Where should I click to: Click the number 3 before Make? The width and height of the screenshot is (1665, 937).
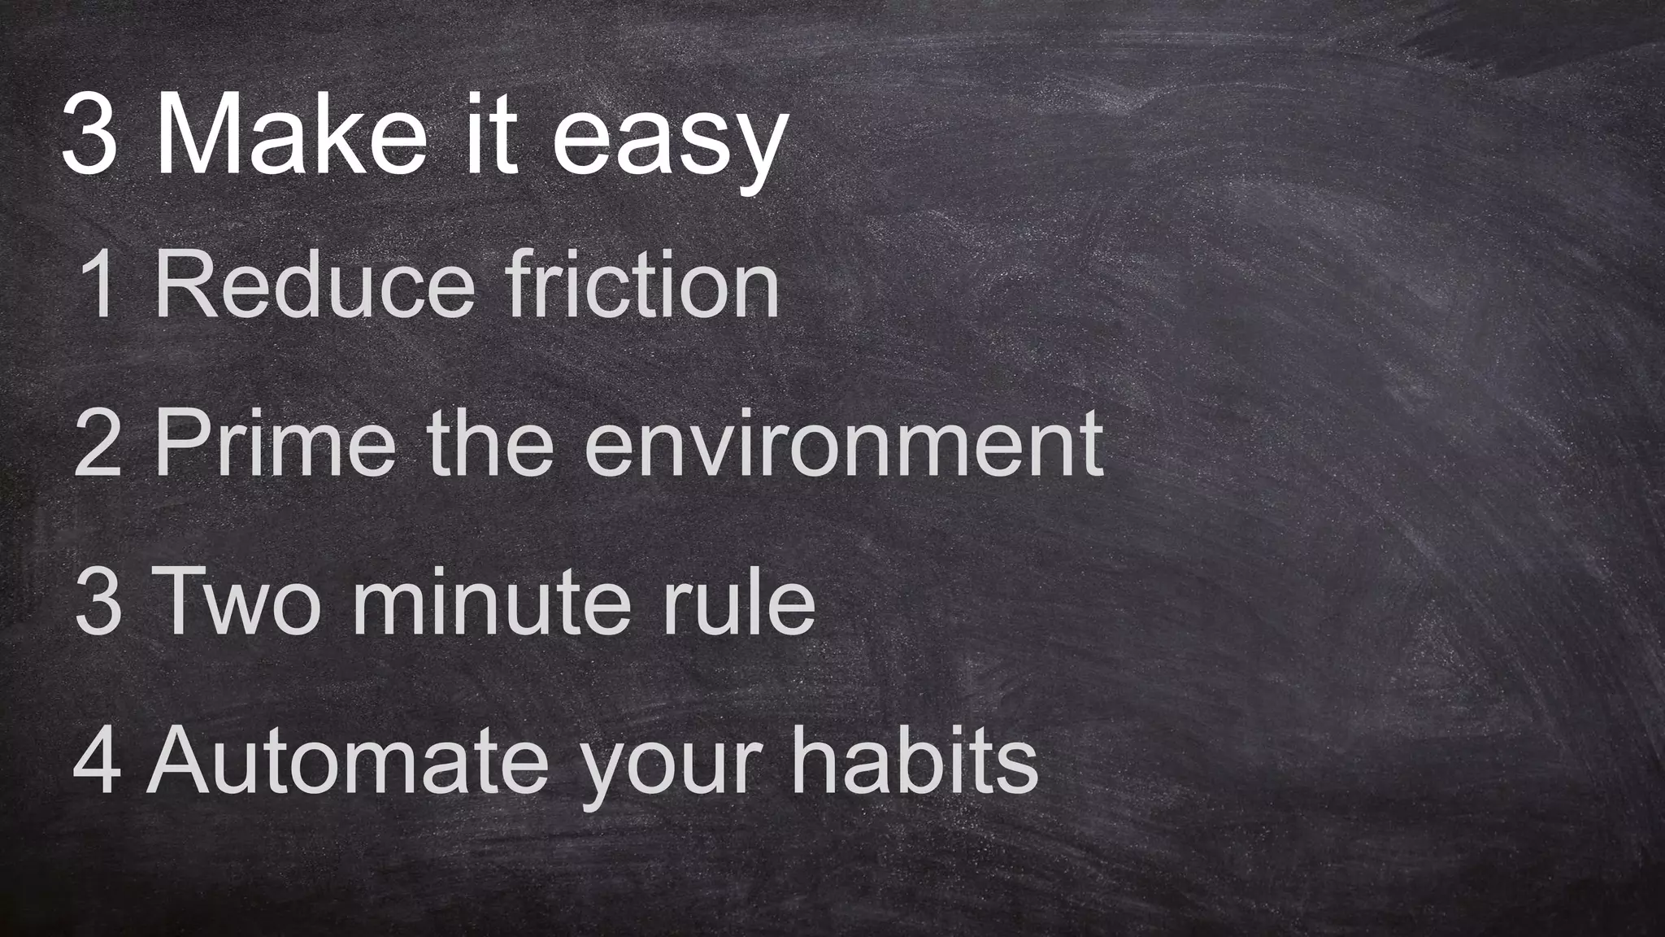89,134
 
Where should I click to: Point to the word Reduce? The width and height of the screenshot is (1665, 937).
314,284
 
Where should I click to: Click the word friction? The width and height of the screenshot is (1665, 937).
642,284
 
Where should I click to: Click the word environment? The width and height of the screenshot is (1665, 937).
843,443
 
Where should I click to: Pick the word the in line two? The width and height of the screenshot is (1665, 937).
490,443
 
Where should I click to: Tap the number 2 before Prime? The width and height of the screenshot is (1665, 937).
98,443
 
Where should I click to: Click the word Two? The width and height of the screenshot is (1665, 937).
237,602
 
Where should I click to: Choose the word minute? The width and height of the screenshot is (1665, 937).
491,602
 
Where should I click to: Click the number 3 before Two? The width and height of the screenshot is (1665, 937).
98,602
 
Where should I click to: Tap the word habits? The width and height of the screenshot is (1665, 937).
915,760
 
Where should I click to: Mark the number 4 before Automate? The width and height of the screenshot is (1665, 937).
98,760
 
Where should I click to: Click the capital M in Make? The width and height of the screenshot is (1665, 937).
195,134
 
